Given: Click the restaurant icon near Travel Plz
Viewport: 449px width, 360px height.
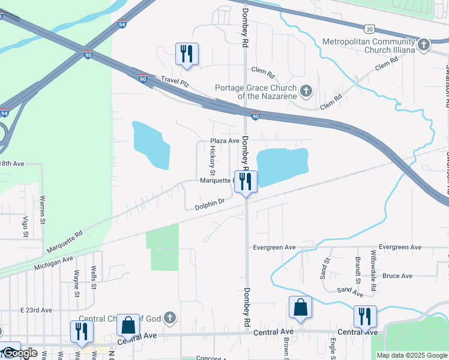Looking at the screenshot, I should pos(186,53).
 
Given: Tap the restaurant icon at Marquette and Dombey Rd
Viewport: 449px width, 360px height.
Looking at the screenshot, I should pos(244,181).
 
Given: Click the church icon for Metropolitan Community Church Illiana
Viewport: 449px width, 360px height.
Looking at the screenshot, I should pos(424,44).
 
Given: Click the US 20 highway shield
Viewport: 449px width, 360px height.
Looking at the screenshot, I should pos(369,28).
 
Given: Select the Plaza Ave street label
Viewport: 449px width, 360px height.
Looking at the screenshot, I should pos(224,140).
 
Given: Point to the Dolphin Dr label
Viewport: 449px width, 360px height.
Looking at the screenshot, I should pos(209,206).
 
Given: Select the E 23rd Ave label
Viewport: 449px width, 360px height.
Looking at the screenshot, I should pos(37,310).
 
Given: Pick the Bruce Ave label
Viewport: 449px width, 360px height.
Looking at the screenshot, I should pos(397,276).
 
